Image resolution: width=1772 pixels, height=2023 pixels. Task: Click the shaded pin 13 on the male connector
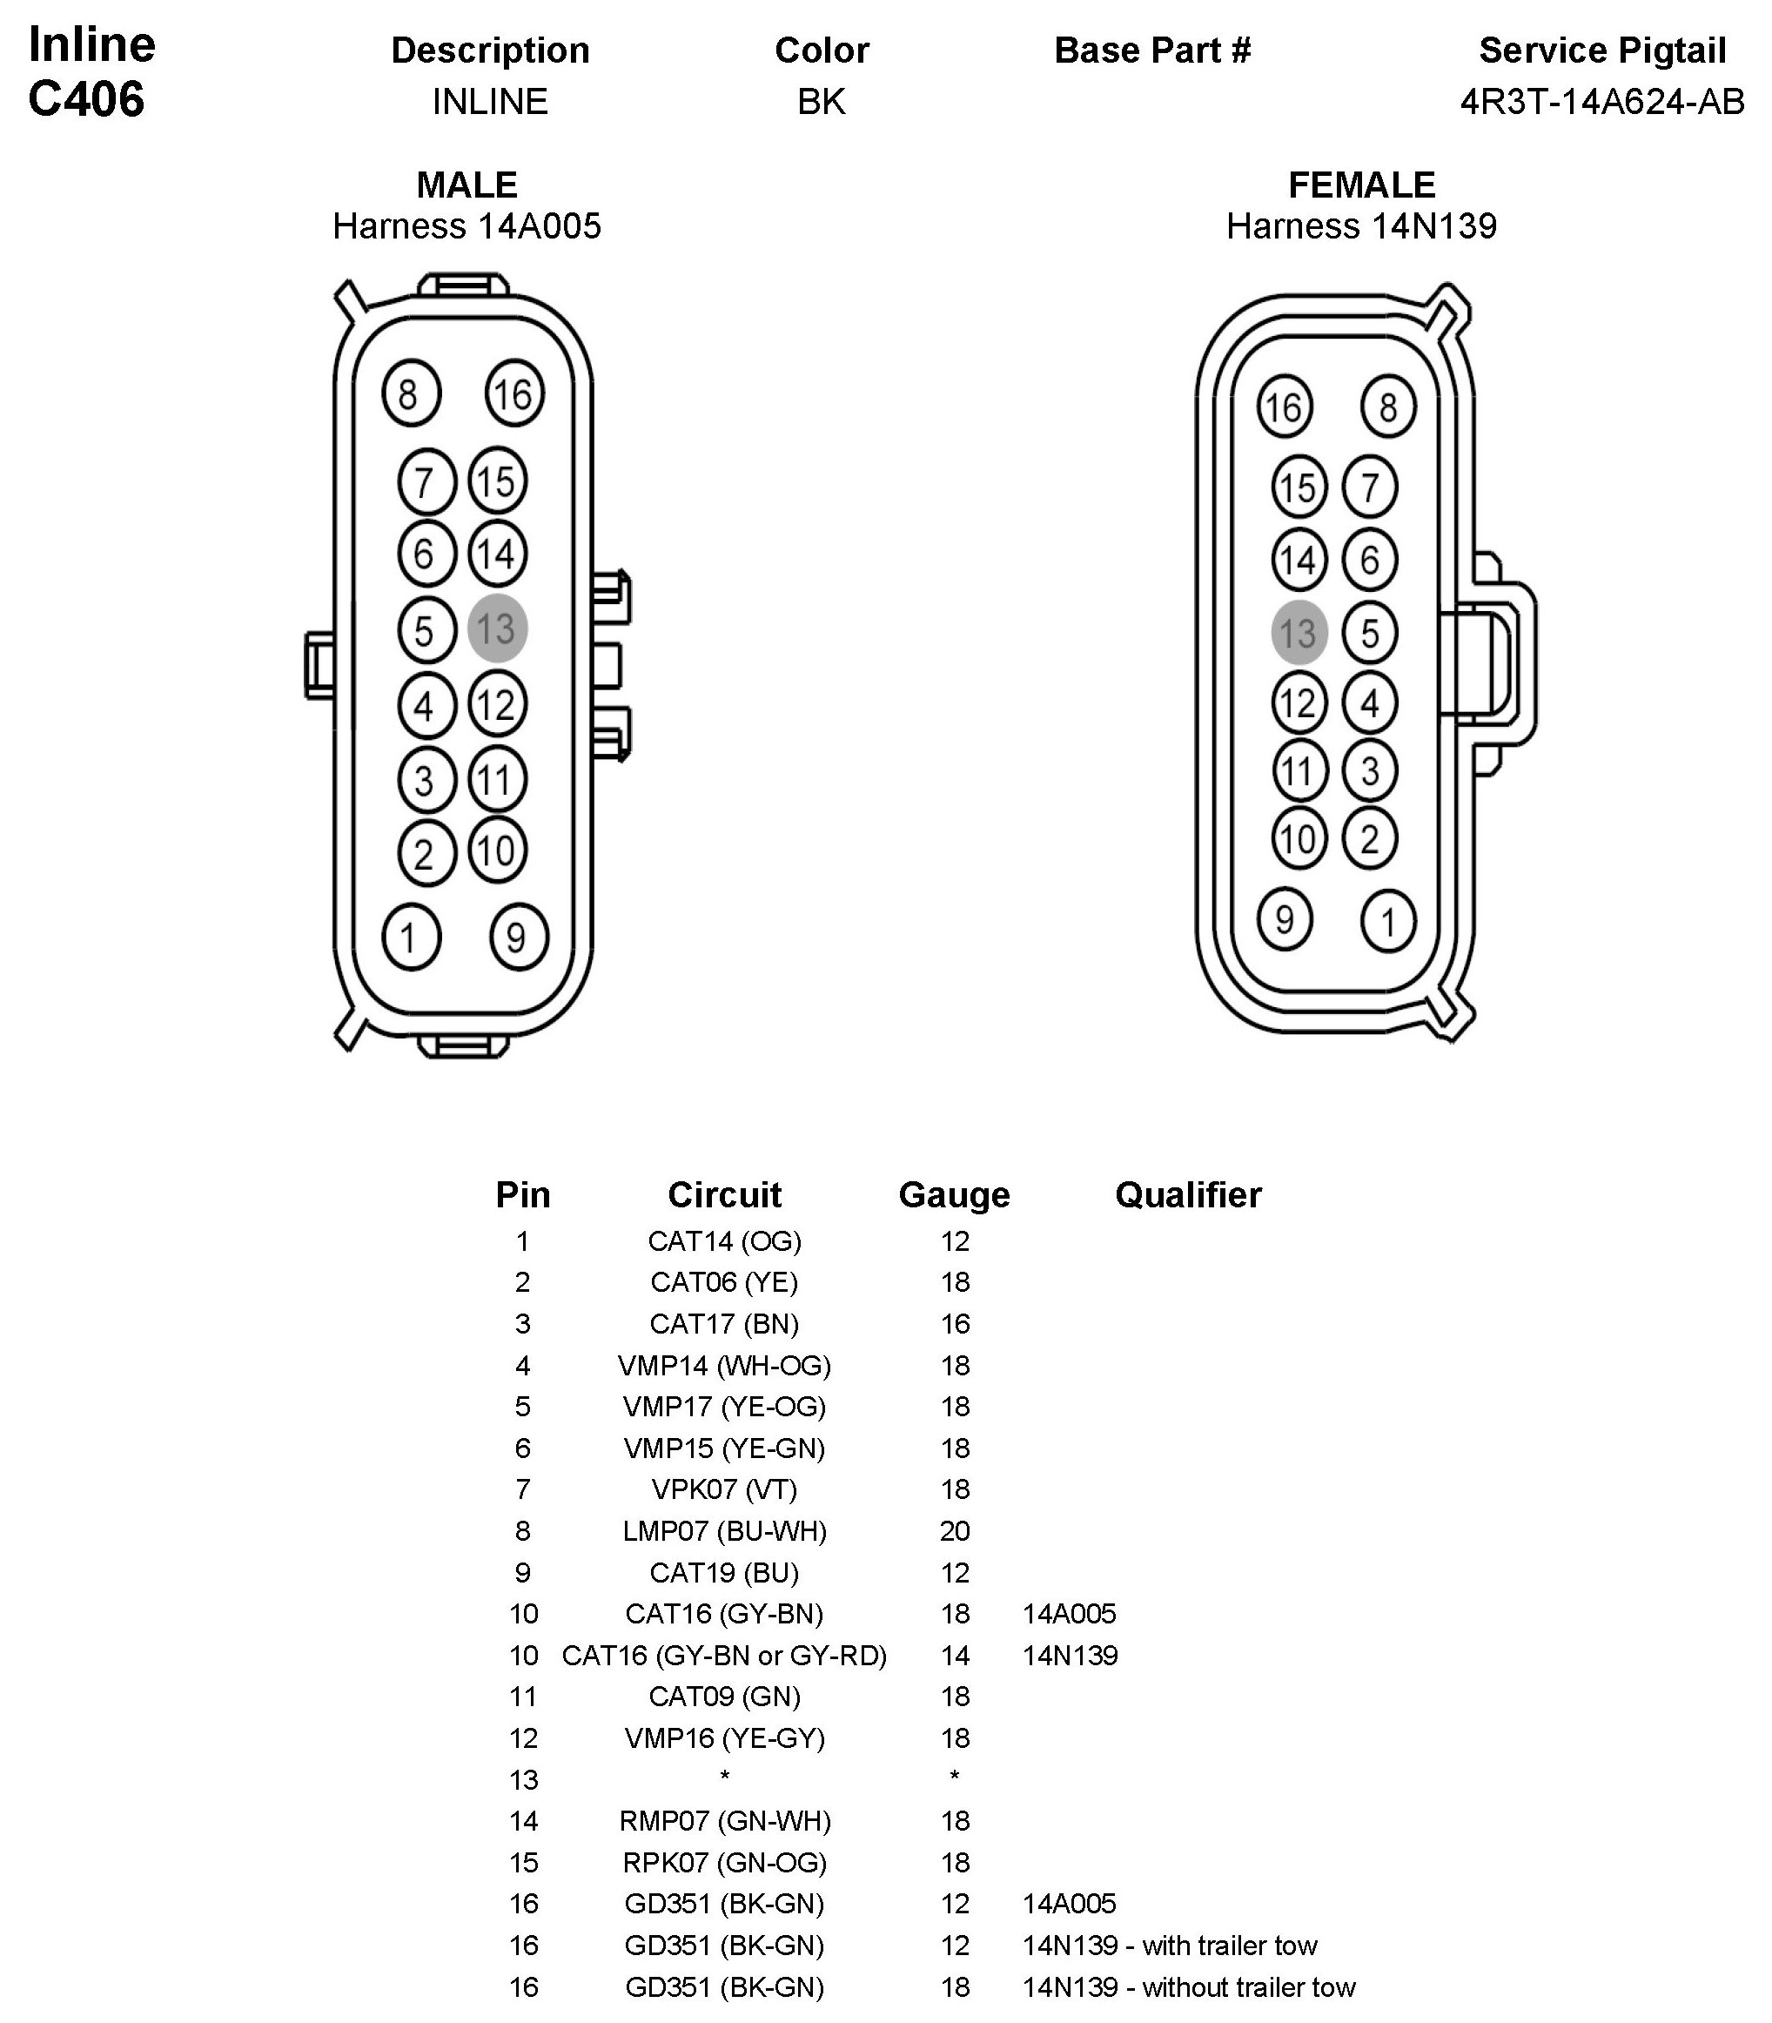point(496,628)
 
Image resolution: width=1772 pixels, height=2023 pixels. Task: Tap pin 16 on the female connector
point(1285,407)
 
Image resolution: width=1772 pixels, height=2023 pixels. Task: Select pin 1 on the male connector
point(411,937)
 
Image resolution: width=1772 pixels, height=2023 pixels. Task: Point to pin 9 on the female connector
point(1285,919)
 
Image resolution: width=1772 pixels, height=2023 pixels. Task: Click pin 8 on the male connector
point(411,394)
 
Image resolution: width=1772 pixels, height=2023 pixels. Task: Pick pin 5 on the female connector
point(1370,633)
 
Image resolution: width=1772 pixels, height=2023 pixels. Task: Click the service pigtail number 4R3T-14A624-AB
point(1602,102)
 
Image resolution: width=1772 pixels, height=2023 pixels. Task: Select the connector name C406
point(86,99)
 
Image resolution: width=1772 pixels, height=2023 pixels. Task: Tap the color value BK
point(821,102)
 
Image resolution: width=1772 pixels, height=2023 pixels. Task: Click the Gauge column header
point(953,1194)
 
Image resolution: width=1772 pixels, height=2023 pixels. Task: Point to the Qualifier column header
point(1188,1194)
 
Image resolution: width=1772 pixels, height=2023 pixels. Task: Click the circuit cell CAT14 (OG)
point(724,1241)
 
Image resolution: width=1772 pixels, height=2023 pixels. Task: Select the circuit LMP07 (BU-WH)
point(724,1530)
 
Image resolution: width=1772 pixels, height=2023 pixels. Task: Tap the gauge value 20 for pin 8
point(954,1530)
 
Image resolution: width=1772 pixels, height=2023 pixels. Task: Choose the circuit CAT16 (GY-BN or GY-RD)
point(724,1655)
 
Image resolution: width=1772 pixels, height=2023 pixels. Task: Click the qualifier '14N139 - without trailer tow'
point(1189,1986)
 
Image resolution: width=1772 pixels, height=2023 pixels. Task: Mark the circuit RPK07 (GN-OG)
point(724,1862)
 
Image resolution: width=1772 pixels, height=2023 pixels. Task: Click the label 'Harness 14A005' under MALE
point(466,226)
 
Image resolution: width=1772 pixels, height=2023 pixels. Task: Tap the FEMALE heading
point(1360,185)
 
